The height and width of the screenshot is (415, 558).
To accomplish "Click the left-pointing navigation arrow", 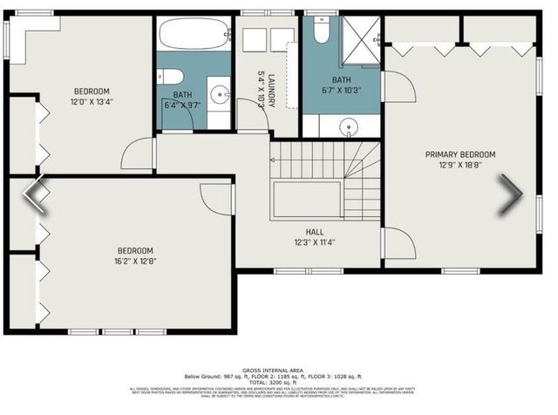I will [x=36, y=195].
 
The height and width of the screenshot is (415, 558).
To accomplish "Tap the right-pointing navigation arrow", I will [x=510, y=195].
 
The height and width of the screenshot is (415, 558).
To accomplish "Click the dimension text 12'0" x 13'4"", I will [x=91, y=102].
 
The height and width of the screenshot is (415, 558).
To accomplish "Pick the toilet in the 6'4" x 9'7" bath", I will [x=169, y=76].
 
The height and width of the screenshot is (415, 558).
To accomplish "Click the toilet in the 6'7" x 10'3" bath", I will [x=320, y=32].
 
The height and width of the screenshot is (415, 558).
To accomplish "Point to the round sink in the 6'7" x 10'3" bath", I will [x=349, y=126].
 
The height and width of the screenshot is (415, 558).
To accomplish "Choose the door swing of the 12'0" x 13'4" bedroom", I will [x=138, y=155].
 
